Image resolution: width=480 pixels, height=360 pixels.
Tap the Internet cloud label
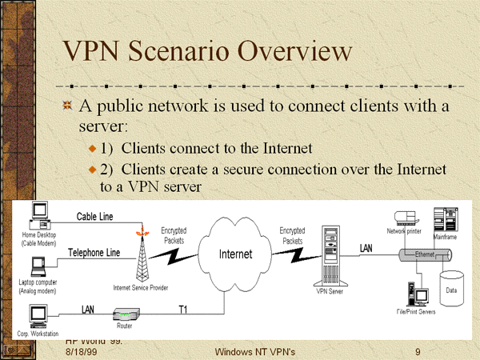pos(236,254)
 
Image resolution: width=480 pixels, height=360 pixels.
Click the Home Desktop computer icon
pos(38,215)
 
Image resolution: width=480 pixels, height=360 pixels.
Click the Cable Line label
pos(94,216)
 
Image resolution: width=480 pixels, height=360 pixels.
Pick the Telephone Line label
pos(94,253)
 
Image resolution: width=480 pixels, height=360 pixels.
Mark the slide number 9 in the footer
pos(418,352)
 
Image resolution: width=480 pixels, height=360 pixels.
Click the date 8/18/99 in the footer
pos(80,352)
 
